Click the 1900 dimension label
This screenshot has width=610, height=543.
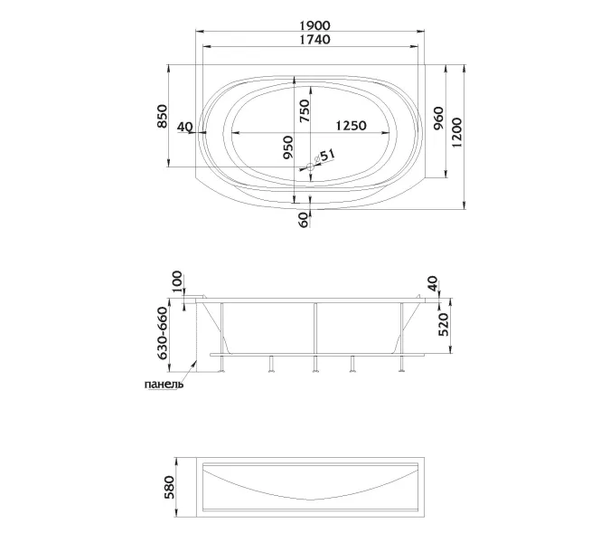[x=314, y=25]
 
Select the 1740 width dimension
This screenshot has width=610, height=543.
[x=314, y=40]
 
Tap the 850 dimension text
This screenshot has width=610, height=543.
[x=162, y=116]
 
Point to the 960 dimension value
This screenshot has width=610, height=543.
[x=437, y=119]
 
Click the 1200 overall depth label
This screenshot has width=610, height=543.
[x=456, y=132]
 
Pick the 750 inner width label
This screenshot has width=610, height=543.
[x=305, y=111]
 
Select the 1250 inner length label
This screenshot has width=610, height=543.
[x=351, y=126]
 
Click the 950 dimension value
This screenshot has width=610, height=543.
[x=288, y=148]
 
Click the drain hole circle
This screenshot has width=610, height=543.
[x=310, y=167]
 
